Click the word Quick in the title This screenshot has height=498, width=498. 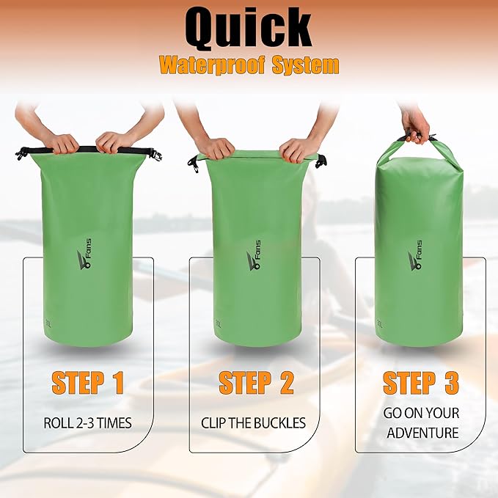[249, 29]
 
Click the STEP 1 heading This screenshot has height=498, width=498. [87, 382]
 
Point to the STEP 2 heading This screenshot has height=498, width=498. [256, 382]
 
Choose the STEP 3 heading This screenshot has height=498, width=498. [421, 382]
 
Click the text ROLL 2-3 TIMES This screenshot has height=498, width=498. [87, 422]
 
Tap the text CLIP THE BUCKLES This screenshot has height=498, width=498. [253, 422]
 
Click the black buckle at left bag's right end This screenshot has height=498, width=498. [154, 154]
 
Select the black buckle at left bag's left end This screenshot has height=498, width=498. [21, 153]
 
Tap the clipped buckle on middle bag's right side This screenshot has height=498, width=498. [321, 161]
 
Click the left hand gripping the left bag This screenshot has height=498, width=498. [64, 142]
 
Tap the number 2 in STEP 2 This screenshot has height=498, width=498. [285, 382]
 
